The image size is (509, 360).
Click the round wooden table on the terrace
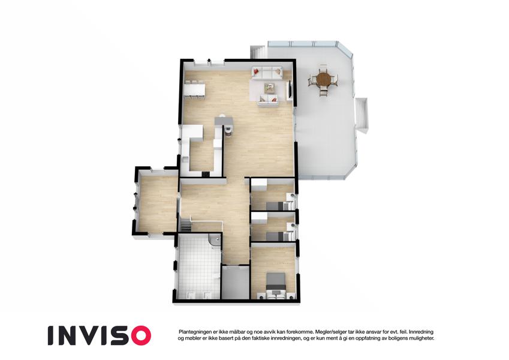coord(323,79)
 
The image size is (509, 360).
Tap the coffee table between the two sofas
coord(269,87)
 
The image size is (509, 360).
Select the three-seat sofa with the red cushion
coord(267,73)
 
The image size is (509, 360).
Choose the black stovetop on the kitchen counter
coord(205,174)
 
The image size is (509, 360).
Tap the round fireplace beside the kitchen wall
coord(228,130)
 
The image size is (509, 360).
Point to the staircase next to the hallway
coord(186,225)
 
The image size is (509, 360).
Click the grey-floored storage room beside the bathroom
coord(235,282)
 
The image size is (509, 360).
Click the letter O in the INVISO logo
coord(138,335)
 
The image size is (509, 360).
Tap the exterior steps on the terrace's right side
coord(362,115)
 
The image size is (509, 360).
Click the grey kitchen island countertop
coord(224,121)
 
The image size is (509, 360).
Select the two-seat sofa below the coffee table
coord(269,100)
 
